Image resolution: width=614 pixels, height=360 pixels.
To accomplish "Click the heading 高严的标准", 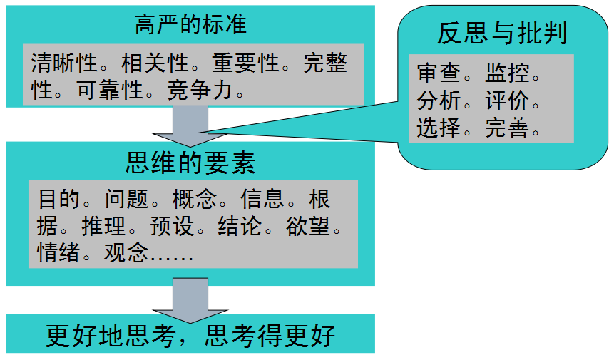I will click(x=190, y=25).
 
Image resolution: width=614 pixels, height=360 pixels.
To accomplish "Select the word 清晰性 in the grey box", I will click(x=63, y=63).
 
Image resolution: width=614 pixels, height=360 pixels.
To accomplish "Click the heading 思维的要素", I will click(x=190, y=163).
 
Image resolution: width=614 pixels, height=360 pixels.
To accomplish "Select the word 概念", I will click(x=193, y=198).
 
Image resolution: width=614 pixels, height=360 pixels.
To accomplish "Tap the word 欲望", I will click(x=309, y=226).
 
